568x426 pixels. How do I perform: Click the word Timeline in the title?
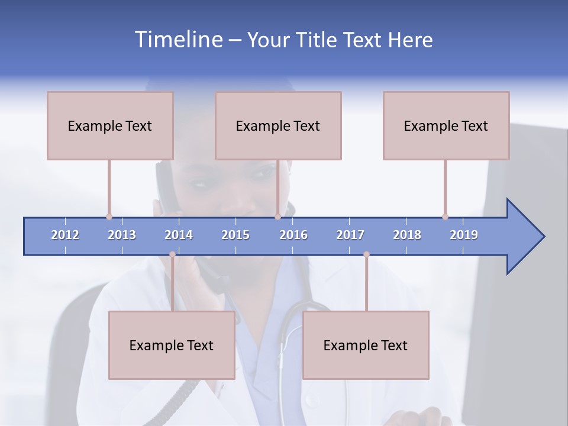pyautogui.click(x=178, y=40)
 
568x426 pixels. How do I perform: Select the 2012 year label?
pyautogui.click(x=65, y=235)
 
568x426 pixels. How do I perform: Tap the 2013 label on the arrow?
pyautogui.click(x=122, y=235)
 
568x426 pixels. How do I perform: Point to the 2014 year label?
pyautogui.click(x=179, y=235)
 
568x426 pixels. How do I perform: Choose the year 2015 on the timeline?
pyautogui.click(x=235, y=235)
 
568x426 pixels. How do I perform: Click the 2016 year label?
pyautogui.click(x=293, y=235)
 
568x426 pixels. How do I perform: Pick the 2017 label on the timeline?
pyautogui.click(x=350, y=235)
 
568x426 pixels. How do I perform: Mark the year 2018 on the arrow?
pyautogui.click(x=407, y=235)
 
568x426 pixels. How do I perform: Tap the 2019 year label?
pyautogui.click(x=464, y=235)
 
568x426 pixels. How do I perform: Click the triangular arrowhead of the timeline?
pyautogui.click(x=524, y=237)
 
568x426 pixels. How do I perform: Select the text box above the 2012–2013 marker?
pyautogui.click(x=110, y=125)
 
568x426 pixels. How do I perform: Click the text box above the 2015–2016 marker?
pyautogui.click(x=278, y=125)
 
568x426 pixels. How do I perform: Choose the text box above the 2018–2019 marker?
pyautogui.click(x=446, y=125)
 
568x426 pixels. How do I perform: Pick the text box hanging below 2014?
pyautogui.click(x=172, y=345)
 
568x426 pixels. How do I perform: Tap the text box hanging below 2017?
pyautogui.click(x=366, y=345)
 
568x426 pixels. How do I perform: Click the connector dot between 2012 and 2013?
pyautogui.click(x=109, y=217)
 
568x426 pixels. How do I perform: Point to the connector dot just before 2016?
pyautogui.click(x=277, y=217)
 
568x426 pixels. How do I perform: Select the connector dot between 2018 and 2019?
pyautogui.click(x=445, y=217)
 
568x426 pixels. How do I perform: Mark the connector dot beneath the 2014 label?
pyautogui.click(x=172, y=254)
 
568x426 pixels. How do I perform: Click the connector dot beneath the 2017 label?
pyautogui.click(x=366, y=254)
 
